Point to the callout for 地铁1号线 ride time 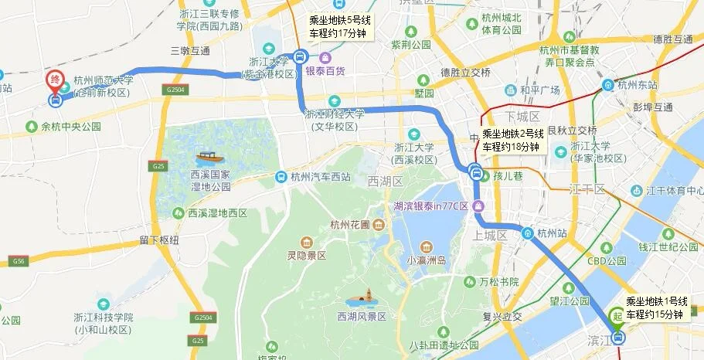click(x=655, y=307)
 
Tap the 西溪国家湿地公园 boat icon click(x=207, y=158)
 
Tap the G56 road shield click(x=18, y=263)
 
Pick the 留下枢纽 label click(x=160, y=240)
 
